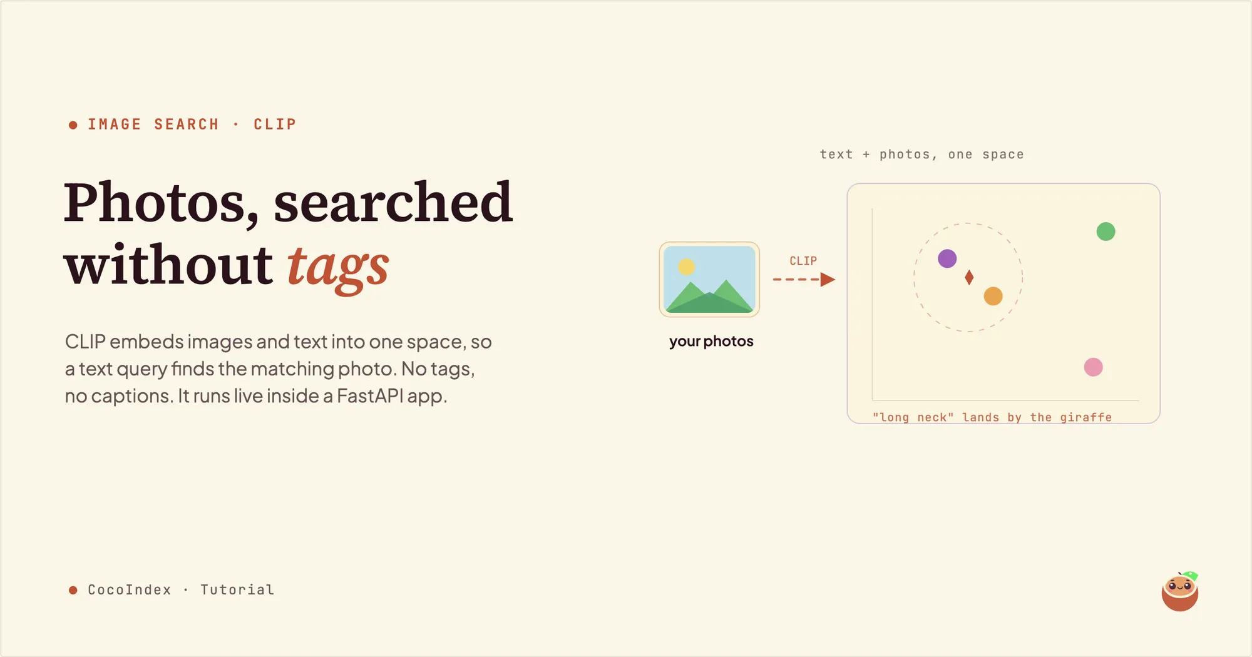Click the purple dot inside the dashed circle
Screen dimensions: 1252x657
pyautogui.click(x=947, y=258)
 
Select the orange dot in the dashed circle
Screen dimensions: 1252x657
pyautogui.click(x=993, y=296)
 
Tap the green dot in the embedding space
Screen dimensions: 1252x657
pyautogui.click(x=1106, y=232)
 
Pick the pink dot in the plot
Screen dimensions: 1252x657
pyautogui.click(x=1093, y=367)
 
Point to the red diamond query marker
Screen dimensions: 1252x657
pyautogui.click(x=969, y=277)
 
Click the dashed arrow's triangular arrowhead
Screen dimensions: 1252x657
pyautogui.click(x=828, y=279)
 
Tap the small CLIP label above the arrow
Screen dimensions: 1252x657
pyautogui.click(x=803, y=261)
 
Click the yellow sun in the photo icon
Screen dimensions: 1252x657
pyautogui.click(x=687, y=267)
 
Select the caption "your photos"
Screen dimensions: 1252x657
pyautogui.click(x=711, y=342)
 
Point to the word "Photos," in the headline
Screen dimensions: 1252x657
pyautogui.click(x=161, y=203)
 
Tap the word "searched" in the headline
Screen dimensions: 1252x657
pyautogui.click(x=393, y=201)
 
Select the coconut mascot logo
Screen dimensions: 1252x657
pyautogui.click(x=1180, y=591)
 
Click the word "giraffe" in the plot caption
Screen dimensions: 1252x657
pyautogui.click(x=1086, y=417)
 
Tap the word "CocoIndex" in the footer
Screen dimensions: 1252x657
pyautogui.click(x=130, y=590)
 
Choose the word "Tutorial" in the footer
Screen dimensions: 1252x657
pyautogui.click(x=237, y=590)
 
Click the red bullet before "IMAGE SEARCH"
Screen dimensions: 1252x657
pyautogui.click(x=73, y=125)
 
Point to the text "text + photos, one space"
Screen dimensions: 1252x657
pyautogui.click(x=921, y=155)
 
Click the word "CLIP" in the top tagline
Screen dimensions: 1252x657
pyautogui.click(x=275, y=125)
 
